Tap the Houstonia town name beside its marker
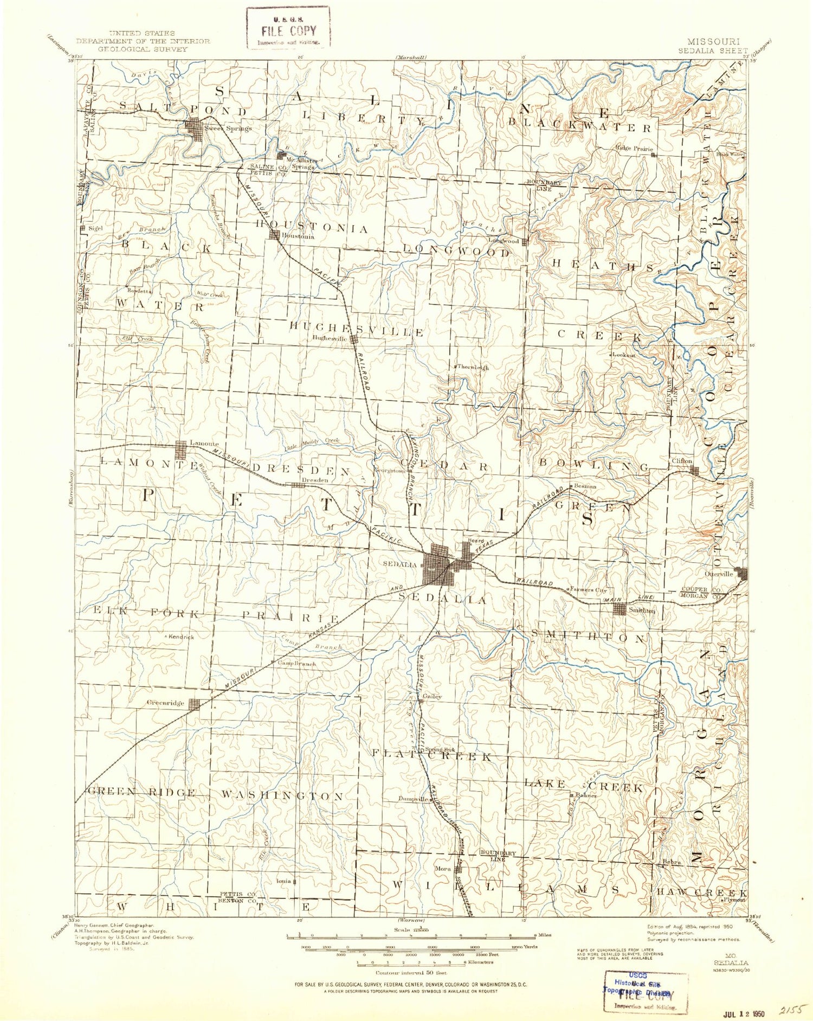(296, 237)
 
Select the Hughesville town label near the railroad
(330, 338)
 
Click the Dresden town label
(315, 480)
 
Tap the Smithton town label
(642, 611)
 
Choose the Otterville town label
(719, 574)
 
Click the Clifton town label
(682, 461)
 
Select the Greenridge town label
(166, 703)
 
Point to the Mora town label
(443, 869)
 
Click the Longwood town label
(504, 241)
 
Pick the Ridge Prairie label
(634, 148)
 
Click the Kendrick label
(181, 637)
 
